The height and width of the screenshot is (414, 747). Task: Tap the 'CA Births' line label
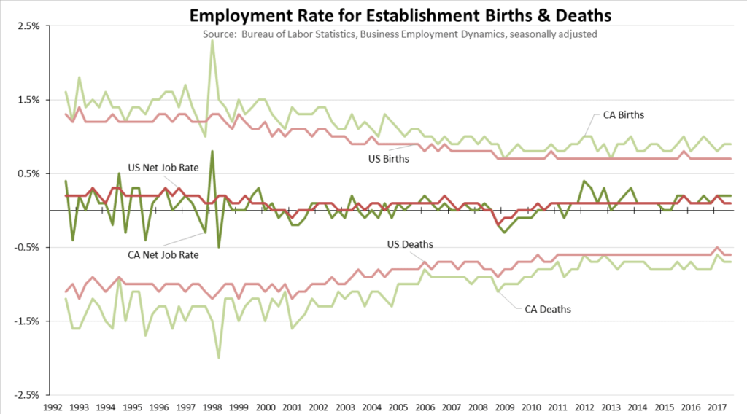tap(623, 115)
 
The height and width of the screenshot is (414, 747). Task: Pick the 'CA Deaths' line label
tap(547, 309)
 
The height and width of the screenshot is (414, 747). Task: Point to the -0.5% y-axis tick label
tap(27, 247)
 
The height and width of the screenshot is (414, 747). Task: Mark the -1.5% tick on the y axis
tap(27, 321)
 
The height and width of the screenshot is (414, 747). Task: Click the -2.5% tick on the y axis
tap(27, 394)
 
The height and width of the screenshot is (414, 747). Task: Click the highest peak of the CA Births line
tap(212, 41)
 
